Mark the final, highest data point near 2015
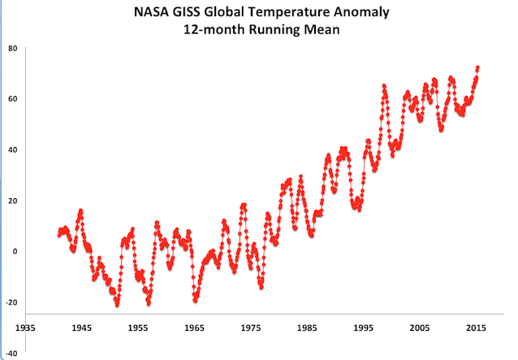tap(477, 68)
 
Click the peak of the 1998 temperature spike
tap(383, 85)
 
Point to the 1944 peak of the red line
tap(80, 211)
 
